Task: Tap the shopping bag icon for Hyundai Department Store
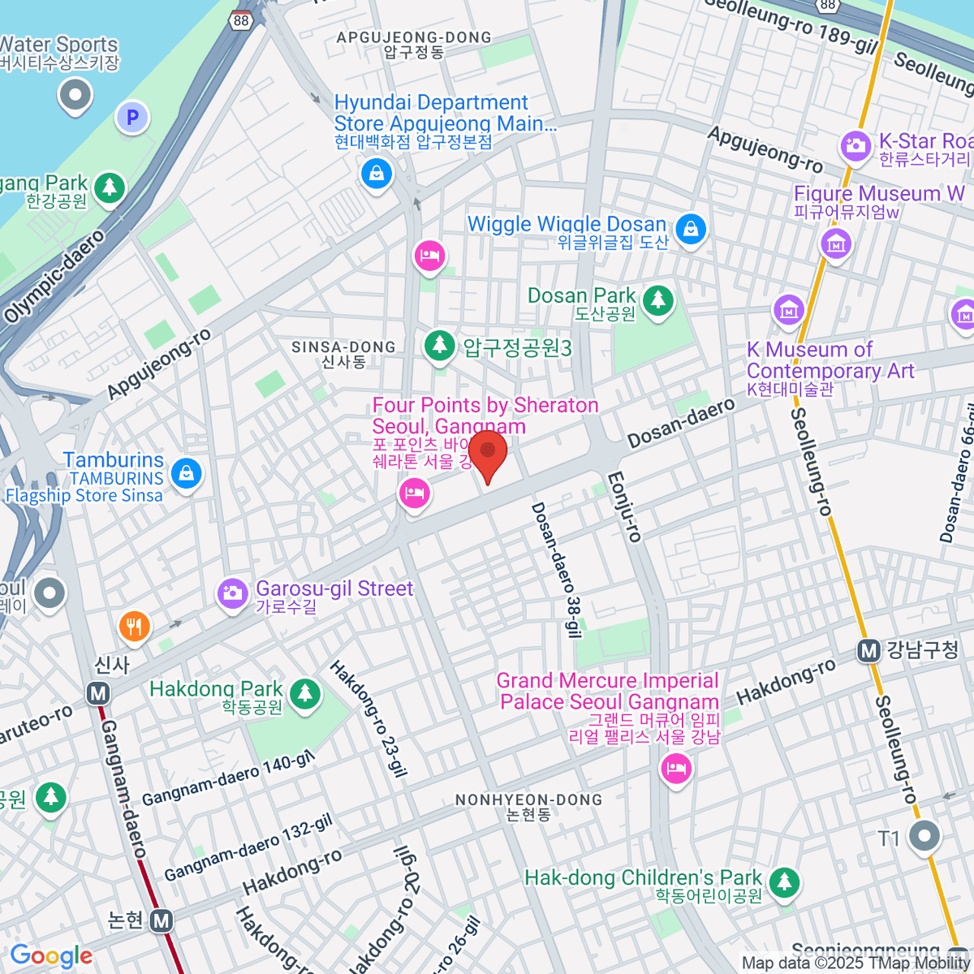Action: coord(376,173)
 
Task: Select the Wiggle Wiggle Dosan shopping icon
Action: coord(690,228)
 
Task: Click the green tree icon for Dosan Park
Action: coord(657,300)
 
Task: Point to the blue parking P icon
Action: coord(132,118)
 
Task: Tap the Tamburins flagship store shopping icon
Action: coord(186,472)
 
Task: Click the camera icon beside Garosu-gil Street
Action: coord(232,593)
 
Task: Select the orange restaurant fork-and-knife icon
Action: coord(134,627)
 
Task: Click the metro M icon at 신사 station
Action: coord(98,693)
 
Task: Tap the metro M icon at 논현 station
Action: coord(162,920)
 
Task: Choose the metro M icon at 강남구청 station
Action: coord(869,650)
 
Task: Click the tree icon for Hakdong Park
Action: coord(305,693)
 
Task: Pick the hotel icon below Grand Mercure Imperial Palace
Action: coord(675,767)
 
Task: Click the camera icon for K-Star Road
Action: coord(855,146)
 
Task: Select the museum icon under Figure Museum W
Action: coord(835,243)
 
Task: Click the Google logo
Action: coord(51,956)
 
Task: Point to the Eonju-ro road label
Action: coord(624,506)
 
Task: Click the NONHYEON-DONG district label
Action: coord(528,800)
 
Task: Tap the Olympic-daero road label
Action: coord(54,277)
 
